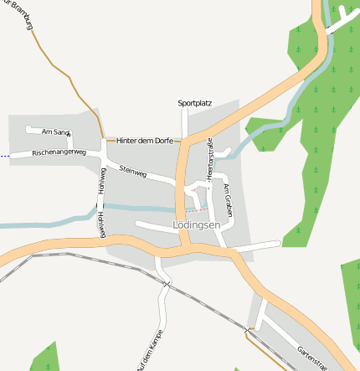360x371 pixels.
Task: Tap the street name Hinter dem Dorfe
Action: pos(145,141)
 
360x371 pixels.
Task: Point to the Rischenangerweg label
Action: pos(59,153)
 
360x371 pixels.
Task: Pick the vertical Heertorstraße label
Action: pos(210,159)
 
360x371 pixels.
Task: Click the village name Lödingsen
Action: pos(196,225)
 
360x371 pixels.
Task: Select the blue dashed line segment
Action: pos(4,156)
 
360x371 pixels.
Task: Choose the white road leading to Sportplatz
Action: pos(186,121)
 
